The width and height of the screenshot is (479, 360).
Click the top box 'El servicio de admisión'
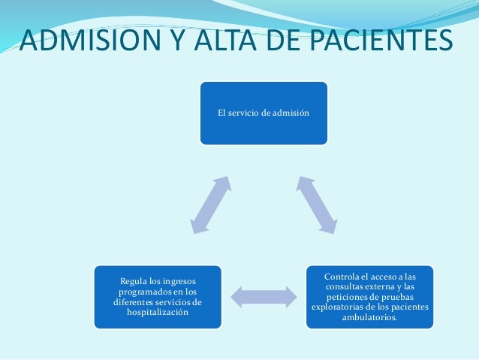(263, 113)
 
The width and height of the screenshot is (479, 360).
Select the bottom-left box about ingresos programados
(157, 297)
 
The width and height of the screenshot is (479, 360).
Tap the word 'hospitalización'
(158, 313)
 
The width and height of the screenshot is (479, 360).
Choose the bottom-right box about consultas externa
(369, 296)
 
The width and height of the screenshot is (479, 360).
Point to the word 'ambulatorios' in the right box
(369, 318)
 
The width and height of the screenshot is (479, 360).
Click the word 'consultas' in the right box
(347, 286)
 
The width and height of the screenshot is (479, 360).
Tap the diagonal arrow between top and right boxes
(317, 204)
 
